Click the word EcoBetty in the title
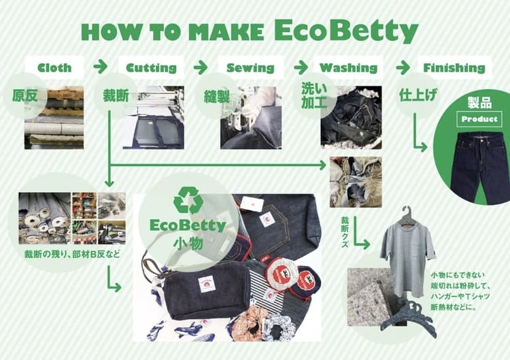[345, 31]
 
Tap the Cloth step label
[54, 68]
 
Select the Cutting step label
[151, 68]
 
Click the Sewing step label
[250, 68]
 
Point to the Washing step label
[348, 68]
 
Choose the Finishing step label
[454, 68]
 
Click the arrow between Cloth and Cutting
[100, 67]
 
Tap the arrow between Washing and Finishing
[403, 67]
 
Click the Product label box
[479, 119]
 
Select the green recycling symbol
[188, 200]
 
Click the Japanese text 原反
[24, 96]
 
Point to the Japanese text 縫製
[217, 97]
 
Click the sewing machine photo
[251, 118]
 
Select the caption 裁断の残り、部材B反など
[72, 255]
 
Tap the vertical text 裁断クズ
[345, 232]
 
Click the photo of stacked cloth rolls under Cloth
[54, 118]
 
